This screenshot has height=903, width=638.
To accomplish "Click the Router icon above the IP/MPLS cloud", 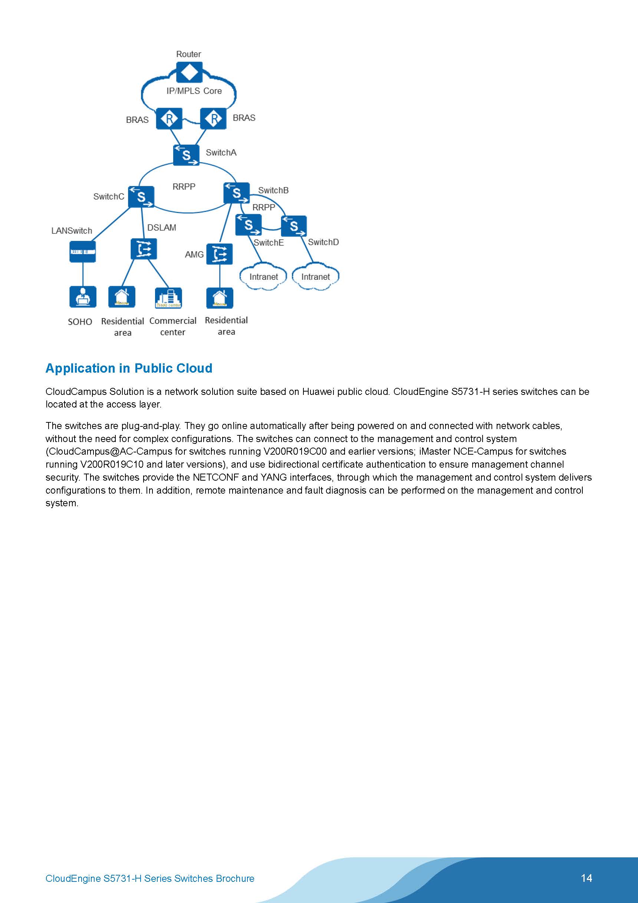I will click(189, 72).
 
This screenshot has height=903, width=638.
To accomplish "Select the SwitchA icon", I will click(186, 155).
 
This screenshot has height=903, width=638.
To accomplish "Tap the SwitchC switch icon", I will click(141, 197).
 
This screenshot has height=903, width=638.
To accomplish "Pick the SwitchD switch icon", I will click(294, 226).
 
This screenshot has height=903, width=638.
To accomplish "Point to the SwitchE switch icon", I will click(248, 225).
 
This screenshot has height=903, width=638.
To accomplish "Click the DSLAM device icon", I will click(144, 249).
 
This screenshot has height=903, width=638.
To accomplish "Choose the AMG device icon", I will click(219, 254).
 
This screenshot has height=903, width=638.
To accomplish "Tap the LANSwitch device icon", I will click(83, 252).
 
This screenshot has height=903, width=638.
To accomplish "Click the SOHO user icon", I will click(83, 297).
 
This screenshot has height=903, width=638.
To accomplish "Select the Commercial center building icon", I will click(168, 298).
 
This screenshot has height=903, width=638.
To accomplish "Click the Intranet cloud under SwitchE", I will click(263, 277).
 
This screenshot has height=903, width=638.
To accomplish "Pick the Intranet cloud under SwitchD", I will click(315, 277).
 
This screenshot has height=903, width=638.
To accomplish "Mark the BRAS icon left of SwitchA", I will click(169, 118).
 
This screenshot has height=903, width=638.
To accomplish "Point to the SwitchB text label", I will click(273, 190).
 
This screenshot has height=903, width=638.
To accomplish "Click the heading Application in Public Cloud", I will click(129, 368).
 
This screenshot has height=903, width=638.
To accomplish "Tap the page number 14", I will click(586, 878).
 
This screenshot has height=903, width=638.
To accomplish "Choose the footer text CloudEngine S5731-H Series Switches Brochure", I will click(150, 879).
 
